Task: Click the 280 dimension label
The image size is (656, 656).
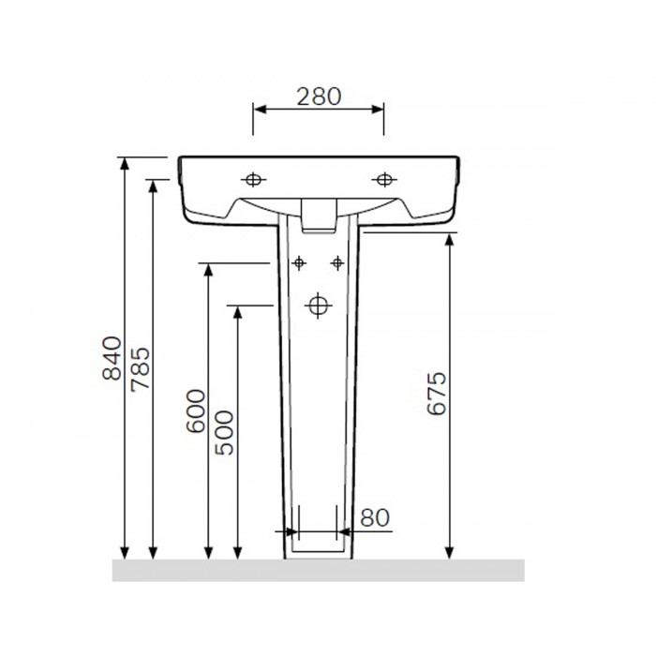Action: point(320,97)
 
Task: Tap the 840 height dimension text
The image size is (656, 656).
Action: point(112,358)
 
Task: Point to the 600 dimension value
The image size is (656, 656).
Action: point(196,410)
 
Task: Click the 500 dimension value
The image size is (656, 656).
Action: point(224,433)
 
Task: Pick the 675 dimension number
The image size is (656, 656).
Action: point(437,393)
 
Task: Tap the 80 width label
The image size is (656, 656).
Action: point(375,517)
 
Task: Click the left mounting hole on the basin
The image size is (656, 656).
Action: point(253,180)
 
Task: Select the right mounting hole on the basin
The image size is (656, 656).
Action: point(384,180)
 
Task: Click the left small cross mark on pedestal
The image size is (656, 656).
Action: point(299,263)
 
